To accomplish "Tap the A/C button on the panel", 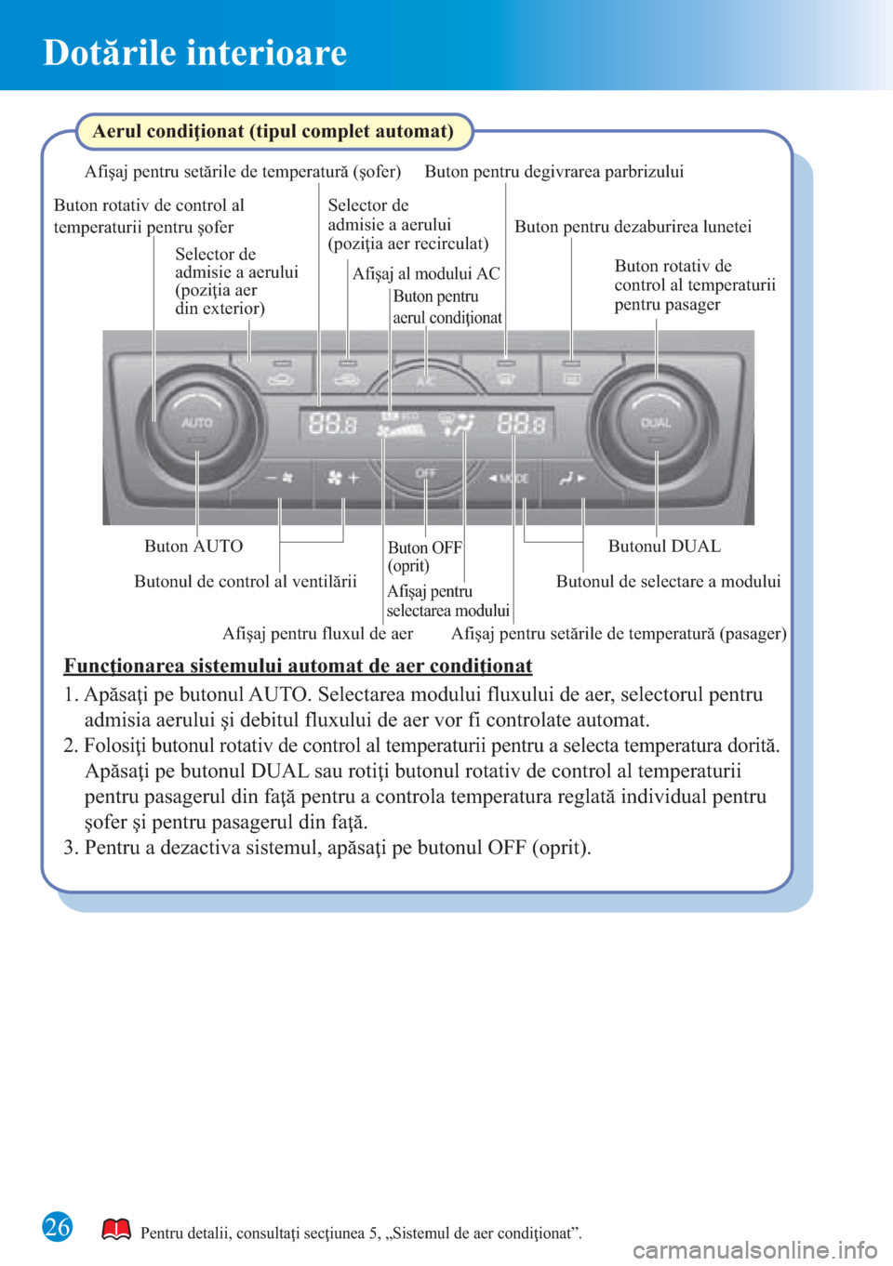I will click(x=425, y=381).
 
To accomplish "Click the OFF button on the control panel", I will click(x=425, y=474).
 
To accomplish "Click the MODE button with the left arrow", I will click(x=510, y=478).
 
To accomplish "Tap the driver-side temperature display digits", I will click(x=332, y=425).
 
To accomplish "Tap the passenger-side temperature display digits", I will click(x=521, y=425).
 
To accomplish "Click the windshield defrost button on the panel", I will click(x=505, y=376).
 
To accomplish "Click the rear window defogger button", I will click(x=572, y=376).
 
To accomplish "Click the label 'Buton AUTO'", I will click(x=193, y=547).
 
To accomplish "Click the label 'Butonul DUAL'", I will click(x=664, y=547).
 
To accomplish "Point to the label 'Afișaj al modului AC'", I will click(x=426, y=273).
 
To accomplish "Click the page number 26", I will click(x=58, y=1227).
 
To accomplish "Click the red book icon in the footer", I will click(x=116, y=1230).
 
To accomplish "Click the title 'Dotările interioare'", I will click(x=195, y=53).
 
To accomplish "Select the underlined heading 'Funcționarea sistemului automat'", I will click(x=298, y=666).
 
